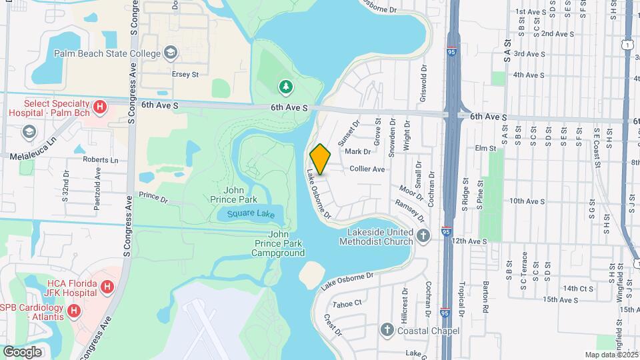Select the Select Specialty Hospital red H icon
[x=99, y=107]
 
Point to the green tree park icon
[x=285, y=86]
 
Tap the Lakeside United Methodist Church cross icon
[x=423, y=235]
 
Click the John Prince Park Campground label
[x=278, y=244]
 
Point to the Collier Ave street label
[x=367, y=169]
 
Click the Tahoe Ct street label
[x=347, y=303]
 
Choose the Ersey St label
[x=185, y=75]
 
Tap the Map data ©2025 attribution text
[x=611, y=355]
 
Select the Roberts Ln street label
[x=101, y=160]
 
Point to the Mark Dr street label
[x=358, y=152]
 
